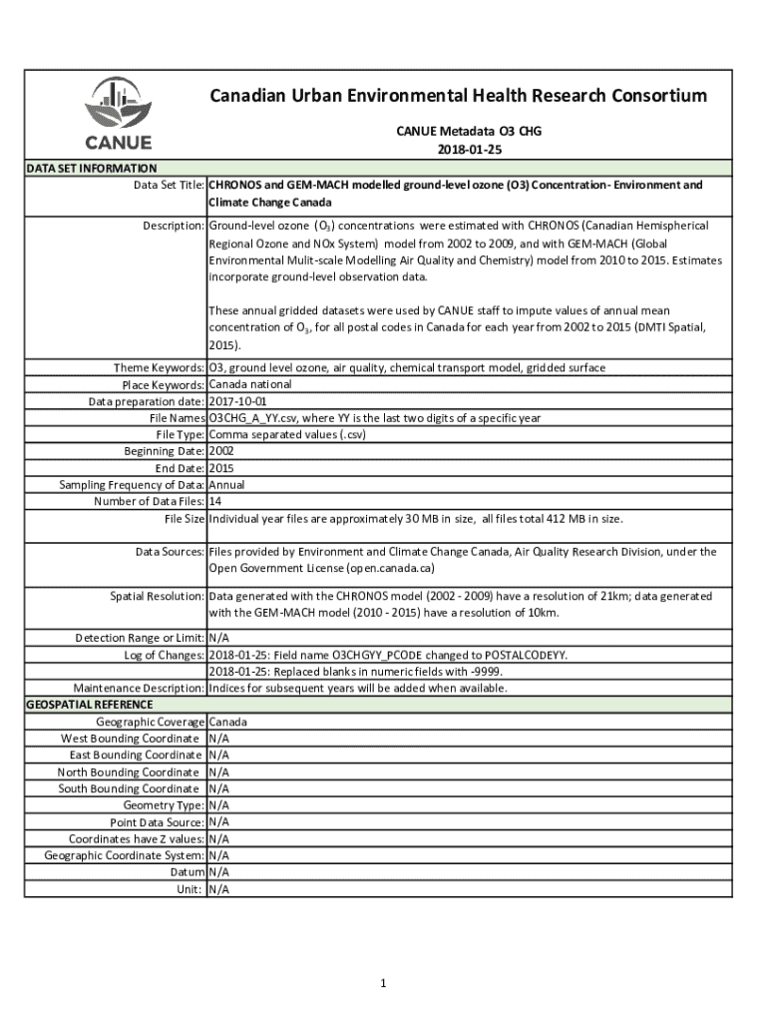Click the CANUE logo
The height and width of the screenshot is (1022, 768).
[x=118, y=113]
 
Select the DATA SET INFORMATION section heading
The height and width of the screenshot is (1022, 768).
[x=91, y=169]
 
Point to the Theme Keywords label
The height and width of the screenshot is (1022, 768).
[x=159, y=368]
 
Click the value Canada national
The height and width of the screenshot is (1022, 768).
[x=250, y=384]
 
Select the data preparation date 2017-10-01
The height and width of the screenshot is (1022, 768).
[x=232, y=401]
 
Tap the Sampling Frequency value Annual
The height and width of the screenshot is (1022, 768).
[x=226, y=485]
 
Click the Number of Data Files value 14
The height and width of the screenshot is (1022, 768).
[x=214, y=501]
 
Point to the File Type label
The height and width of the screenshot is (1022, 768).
[x=180, y=435]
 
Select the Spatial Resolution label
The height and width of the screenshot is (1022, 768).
[x=157, y=596]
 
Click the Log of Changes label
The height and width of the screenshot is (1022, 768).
[x=165, y=655]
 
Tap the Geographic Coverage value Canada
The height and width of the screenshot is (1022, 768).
[x=228, y=722]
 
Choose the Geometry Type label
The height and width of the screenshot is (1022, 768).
[x=164, y=805]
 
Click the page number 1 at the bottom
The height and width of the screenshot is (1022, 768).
[x=382, y=984]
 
